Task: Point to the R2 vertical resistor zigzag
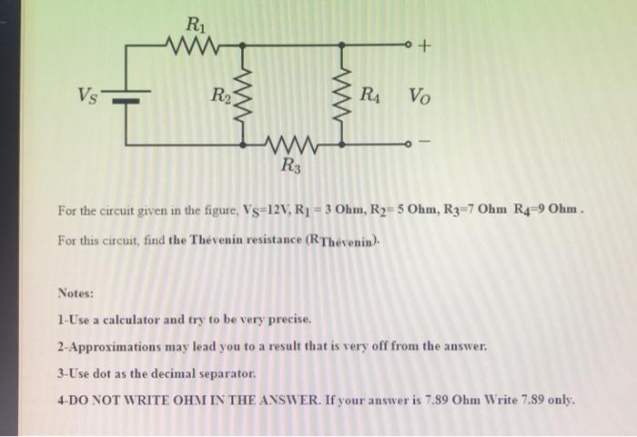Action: [241, 92]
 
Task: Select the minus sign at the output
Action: [430, 143]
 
